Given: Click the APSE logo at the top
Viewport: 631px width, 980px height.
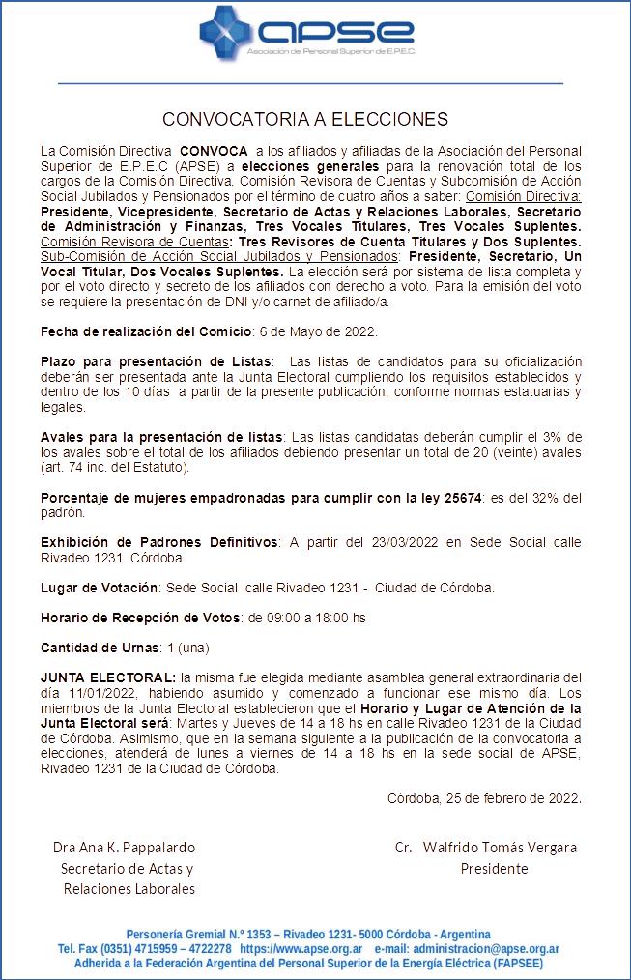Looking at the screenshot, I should [306, 34].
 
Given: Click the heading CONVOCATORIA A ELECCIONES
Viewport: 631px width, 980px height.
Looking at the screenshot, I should [305, 120].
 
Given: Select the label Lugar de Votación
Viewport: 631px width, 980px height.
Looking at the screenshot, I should [100, 588].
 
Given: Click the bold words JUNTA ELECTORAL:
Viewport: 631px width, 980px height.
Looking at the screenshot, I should [108, 676].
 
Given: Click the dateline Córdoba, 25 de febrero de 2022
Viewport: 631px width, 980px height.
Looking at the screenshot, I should [484, 798].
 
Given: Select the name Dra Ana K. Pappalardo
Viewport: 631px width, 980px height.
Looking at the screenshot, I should [124, 848].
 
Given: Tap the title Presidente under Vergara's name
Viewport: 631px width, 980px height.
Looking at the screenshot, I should [494, 868].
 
